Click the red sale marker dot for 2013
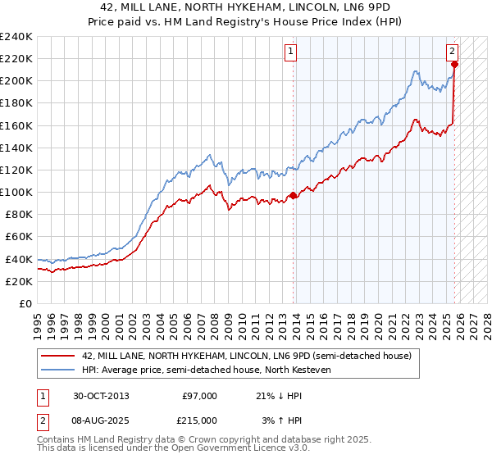click(x=294, y=195)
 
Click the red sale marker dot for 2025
click(x=454, y=65)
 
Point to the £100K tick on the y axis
click(x=16, y=192)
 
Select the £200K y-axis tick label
click(x=16, y=81)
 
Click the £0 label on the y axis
click(x=25, y=303)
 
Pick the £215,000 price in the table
click(x=198, y=420)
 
